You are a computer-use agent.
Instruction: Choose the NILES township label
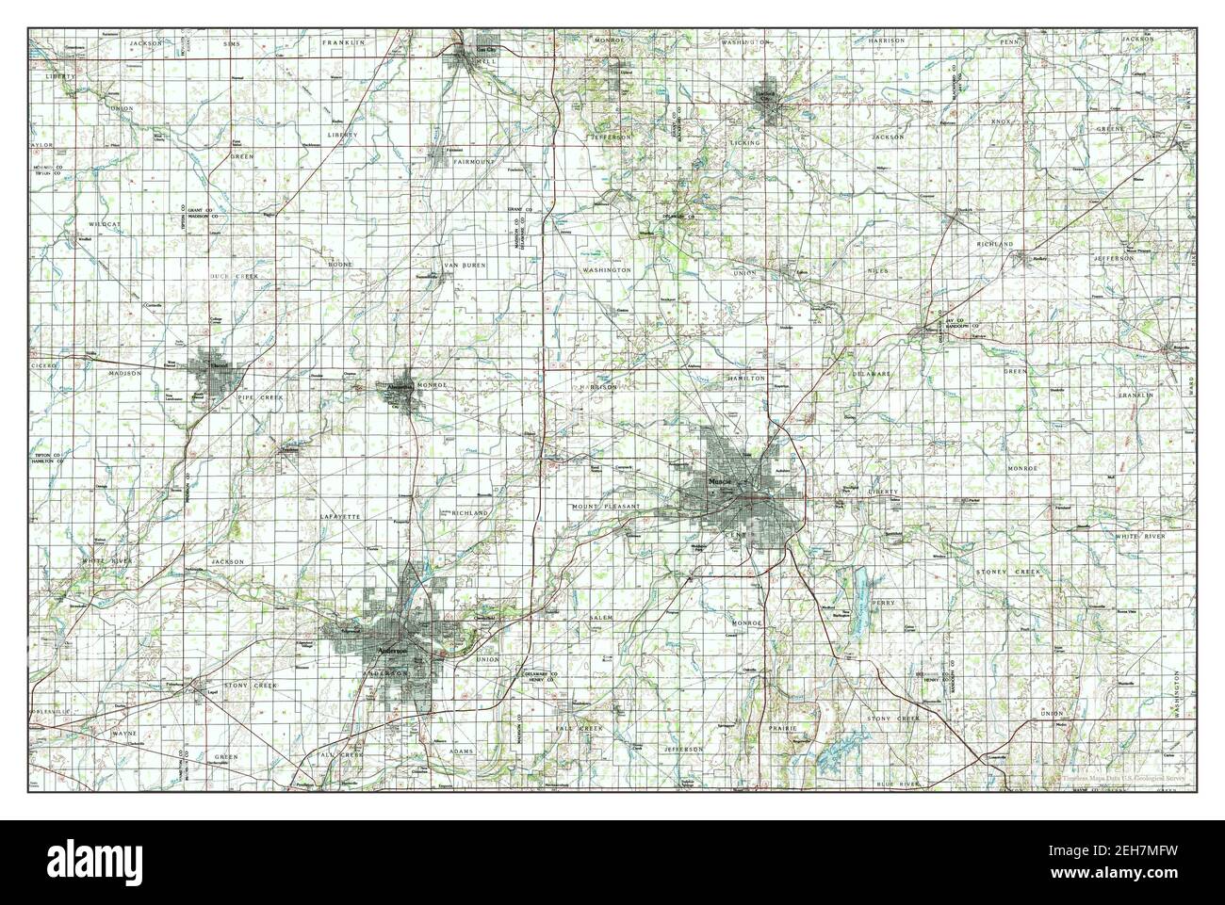pyautogui.click(x=877, y=270)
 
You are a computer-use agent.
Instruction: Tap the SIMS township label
pyautogui.click(x=232, y=43)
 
